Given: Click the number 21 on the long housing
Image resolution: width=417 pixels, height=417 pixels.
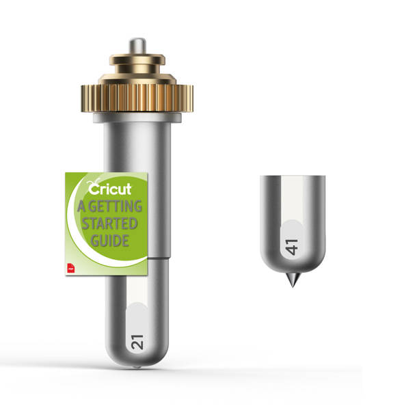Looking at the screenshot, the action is point(137,342).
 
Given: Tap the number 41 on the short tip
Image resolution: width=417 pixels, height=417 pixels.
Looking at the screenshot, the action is point(291,247).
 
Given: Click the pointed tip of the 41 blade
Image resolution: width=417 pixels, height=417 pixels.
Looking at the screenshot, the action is point(293,287).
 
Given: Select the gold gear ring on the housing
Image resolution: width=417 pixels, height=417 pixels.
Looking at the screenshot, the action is point(137,98).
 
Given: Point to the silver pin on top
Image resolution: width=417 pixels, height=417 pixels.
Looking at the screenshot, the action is point(137,46).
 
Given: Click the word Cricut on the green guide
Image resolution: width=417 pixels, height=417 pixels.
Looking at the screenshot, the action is point(109,189).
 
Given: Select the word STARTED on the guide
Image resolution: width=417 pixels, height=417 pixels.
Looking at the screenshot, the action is point(109,224).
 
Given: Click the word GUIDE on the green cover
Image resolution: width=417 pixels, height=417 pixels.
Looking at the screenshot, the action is point(110,241).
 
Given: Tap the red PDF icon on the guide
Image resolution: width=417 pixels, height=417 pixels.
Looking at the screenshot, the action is point(71,268).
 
